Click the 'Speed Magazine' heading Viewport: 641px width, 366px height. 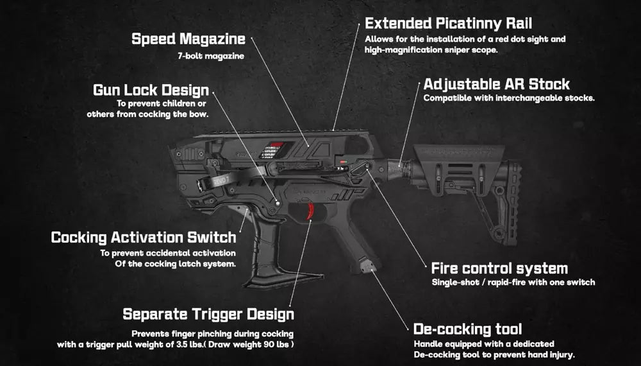[x=188, y=39]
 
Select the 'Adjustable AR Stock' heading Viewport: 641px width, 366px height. [x=496, y=84]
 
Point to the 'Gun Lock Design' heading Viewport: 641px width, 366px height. [x=151, y=90]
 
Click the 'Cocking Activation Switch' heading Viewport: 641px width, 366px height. [x=143, y=237]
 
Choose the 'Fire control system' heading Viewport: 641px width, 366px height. [x=499, y=268]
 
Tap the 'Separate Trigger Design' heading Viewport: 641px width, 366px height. [x=208, y=314]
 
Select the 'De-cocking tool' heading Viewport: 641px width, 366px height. [x=468, y=329]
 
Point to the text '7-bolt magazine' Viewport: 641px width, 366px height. [x=210, y=56]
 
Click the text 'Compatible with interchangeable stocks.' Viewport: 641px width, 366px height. [x=509, y=98]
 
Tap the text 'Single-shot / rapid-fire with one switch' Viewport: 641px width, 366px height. [x=513, y=283]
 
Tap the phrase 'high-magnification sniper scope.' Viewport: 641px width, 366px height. [x=431, y=49]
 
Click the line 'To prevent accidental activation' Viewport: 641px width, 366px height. [x=168, y=253]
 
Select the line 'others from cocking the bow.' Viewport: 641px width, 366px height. [x=148, y=114]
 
